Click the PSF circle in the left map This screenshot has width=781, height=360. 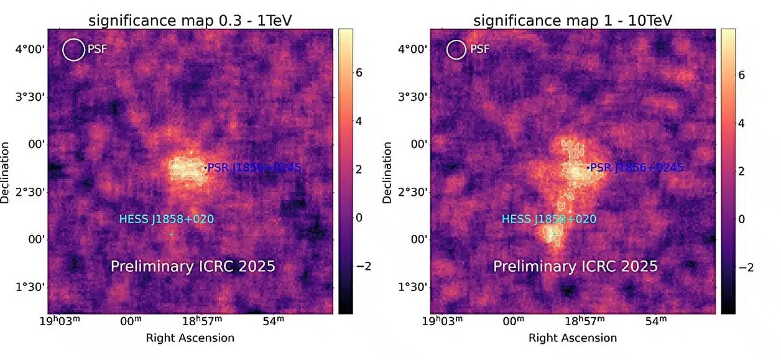pyautogui.click(x=73, y=50)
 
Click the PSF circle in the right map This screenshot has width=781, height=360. pyautogui.click(x=456, y=50)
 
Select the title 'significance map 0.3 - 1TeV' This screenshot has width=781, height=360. pyautogui.click(x=190, y=20)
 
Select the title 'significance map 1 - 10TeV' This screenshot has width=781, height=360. pyautogui.click(x=573, y=20)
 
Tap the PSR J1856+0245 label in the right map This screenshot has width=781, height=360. pyautogui.click(x=636, y=167)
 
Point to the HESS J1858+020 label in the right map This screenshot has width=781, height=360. pyautogui.click(x=548, y=219)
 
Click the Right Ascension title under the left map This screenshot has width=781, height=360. pyautogui.click(x=190, y=338)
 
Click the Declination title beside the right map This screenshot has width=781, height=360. pyautogui.click(x=388, y=172)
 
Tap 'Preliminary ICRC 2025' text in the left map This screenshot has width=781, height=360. pyautogui.click(x=193, y=267)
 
